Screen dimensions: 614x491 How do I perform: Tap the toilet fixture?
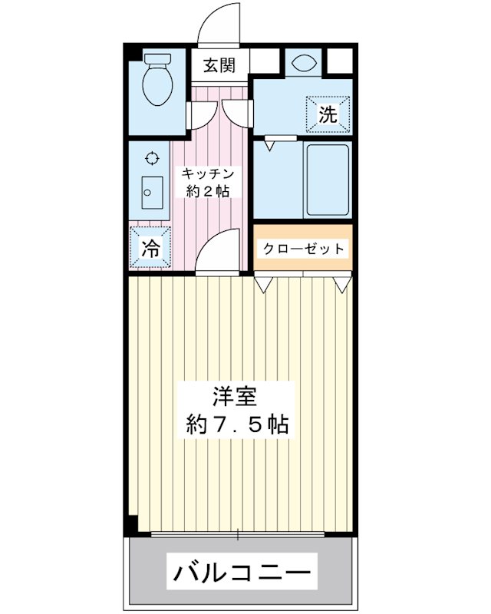(159, 81)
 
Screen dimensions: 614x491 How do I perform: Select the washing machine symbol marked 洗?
(328, 116)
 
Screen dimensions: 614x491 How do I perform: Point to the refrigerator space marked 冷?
(151, 248)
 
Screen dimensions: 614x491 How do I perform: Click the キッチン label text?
(207, 173)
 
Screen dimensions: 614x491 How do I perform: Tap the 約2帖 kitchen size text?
(207, 192)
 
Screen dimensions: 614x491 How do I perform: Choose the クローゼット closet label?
(303, 249)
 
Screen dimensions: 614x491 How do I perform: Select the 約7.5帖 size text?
(238, 424)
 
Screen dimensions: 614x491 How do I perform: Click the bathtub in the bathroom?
(328, 178)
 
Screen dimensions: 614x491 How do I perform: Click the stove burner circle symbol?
(152, 158)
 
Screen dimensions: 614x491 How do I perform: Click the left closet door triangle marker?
(263, 284)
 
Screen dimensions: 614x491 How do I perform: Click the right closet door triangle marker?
(341, 284)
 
